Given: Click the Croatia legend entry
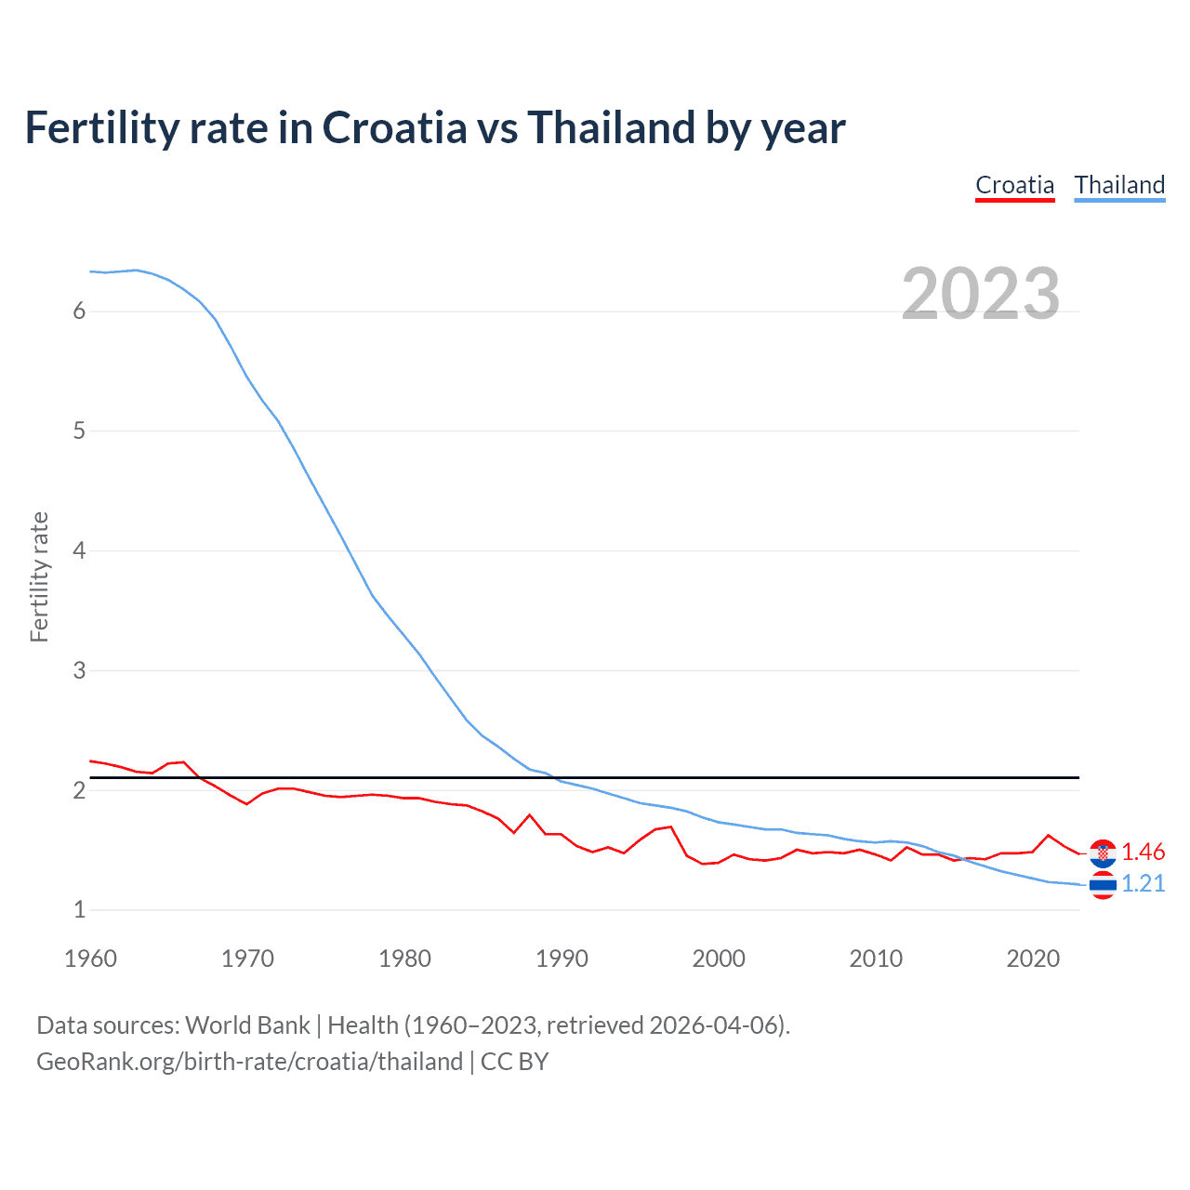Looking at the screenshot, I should [1014, 185].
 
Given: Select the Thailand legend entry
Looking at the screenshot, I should [1119, 185].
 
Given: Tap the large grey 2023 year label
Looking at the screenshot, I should [980, 294].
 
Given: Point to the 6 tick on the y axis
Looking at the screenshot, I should [79, 311].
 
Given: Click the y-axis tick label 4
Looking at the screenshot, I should [79, 550].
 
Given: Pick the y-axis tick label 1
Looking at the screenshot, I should [79, 910].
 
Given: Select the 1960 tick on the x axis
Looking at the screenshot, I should [90, 959].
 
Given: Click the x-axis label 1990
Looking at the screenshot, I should [562, 959].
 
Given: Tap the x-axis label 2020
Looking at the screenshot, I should [1033, 959].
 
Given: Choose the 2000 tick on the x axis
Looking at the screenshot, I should [719, 959].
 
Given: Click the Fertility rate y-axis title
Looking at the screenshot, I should [39, 576].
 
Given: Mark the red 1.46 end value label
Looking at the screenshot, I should [1143, 852].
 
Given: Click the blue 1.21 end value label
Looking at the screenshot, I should [1143, 883].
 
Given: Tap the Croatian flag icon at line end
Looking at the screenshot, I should [1103, 853].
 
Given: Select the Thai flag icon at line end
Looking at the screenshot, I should [1103, 885].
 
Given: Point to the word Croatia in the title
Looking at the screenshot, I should [394, 128].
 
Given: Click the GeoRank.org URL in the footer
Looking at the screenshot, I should [249, 1062].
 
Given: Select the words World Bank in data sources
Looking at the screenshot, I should [247, 1025].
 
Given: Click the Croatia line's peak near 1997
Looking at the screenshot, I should [671, 826].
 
